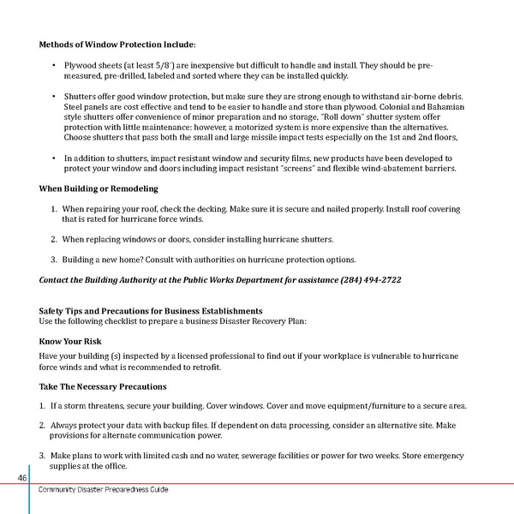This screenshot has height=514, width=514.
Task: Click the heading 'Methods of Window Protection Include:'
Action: pos(117,44)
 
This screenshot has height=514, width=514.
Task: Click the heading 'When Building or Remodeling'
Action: pos(99,188)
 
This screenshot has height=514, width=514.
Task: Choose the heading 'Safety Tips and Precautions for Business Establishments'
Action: pos(151,310)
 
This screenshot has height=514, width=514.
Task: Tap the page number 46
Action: pos(20,477)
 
